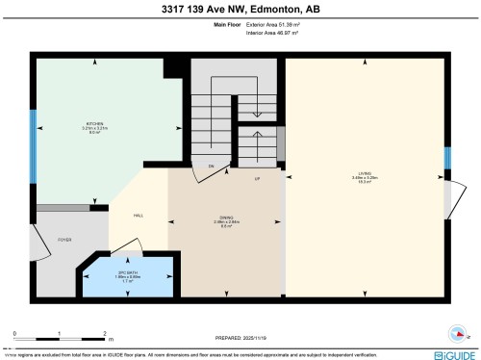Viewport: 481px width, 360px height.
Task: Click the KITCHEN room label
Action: tap(95, 124)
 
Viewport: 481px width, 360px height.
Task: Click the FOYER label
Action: tap(65, 239)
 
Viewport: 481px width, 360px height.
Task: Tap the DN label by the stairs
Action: tap(211, 167)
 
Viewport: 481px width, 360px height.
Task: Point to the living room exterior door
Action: tap(450, 198)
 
